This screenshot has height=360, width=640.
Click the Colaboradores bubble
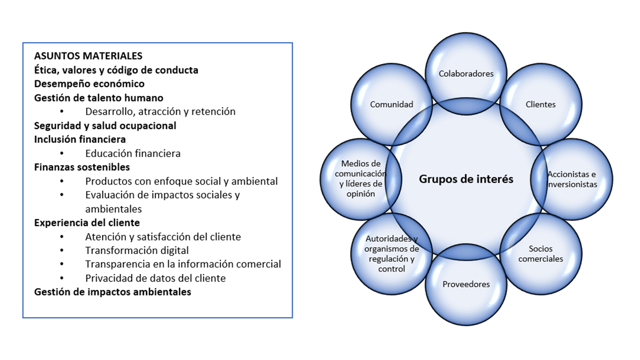pyautogui.click(x=466, y=73)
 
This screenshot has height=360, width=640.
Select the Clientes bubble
pyautogui.click(x=540, y=104)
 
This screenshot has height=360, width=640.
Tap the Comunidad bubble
pyautogui.click(x=391, y=104)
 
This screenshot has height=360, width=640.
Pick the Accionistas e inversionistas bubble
pyautogui.click(x=572, y=179)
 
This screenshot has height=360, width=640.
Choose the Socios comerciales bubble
pyautogui.click(x=540, y=254)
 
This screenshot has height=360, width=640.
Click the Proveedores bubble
pyautogui.click(x=466, y=284)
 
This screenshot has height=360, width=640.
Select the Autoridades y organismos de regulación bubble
pyautogui.click(x=391, y=253)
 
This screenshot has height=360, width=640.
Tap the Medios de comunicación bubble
pyautogui.click(x=360, y=178)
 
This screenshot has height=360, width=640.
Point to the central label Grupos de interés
pyautogui.click(x=466, y=179)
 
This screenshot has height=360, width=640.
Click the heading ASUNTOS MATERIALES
pyautogui.click(x=88, y=56)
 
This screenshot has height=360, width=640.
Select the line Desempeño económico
pyautogui.click(x=89, y=84)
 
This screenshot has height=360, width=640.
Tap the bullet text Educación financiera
pyautogui.click(x=132, y=153)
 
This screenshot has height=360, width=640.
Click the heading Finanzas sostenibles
pyautogui.click(x=82, y=167)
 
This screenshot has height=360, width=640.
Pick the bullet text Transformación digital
pyautogui.click(x=137, y=250)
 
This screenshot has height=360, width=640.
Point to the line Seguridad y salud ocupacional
pyautogui.click(x=105, y=125)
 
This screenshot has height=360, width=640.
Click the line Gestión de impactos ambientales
pyautogui.click(x=112, y=292)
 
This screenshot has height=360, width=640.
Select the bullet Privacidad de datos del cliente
pyautogui.click(x=155, y=278)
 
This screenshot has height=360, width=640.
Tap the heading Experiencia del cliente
pyautogui.click(x=87, y=222)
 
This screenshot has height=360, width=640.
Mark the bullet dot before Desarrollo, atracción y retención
pyautogui.click(x=62, y=112)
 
